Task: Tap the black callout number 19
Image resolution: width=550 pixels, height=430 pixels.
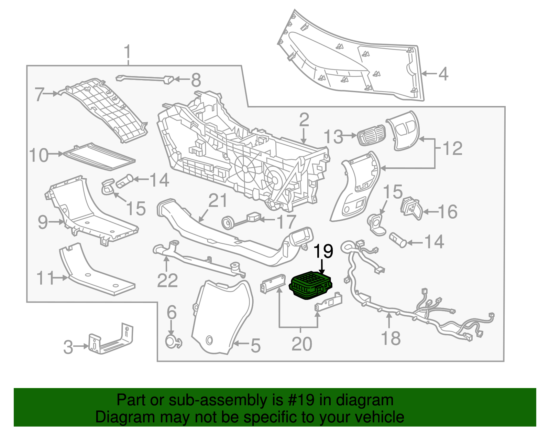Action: click(323, 252)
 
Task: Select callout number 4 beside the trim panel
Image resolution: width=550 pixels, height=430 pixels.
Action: click(443, 74)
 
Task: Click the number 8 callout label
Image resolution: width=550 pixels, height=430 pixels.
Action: click(196, 81)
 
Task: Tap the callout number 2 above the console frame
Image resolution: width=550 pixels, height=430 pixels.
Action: click(304, 120)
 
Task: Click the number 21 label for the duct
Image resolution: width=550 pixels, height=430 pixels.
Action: click(218, 200)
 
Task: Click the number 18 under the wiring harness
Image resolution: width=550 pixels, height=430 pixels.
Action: click(391, 338)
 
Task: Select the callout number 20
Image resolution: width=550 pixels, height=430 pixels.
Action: click(301, 344)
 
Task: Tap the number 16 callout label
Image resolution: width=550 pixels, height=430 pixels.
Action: click(448, 211)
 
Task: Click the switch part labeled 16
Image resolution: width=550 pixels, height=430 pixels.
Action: click(411, 208)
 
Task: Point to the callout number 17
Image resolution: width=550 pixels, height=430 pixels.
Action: click(286, 222)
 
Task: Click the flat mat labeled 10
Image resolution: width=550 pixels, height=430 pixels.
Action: click(100, 157)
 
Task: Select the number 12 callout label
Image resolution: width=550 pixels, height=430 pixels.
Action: click(452, 149)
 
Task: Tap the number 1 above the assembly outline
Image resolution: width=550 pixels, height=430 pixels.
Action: click(128, 52)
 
